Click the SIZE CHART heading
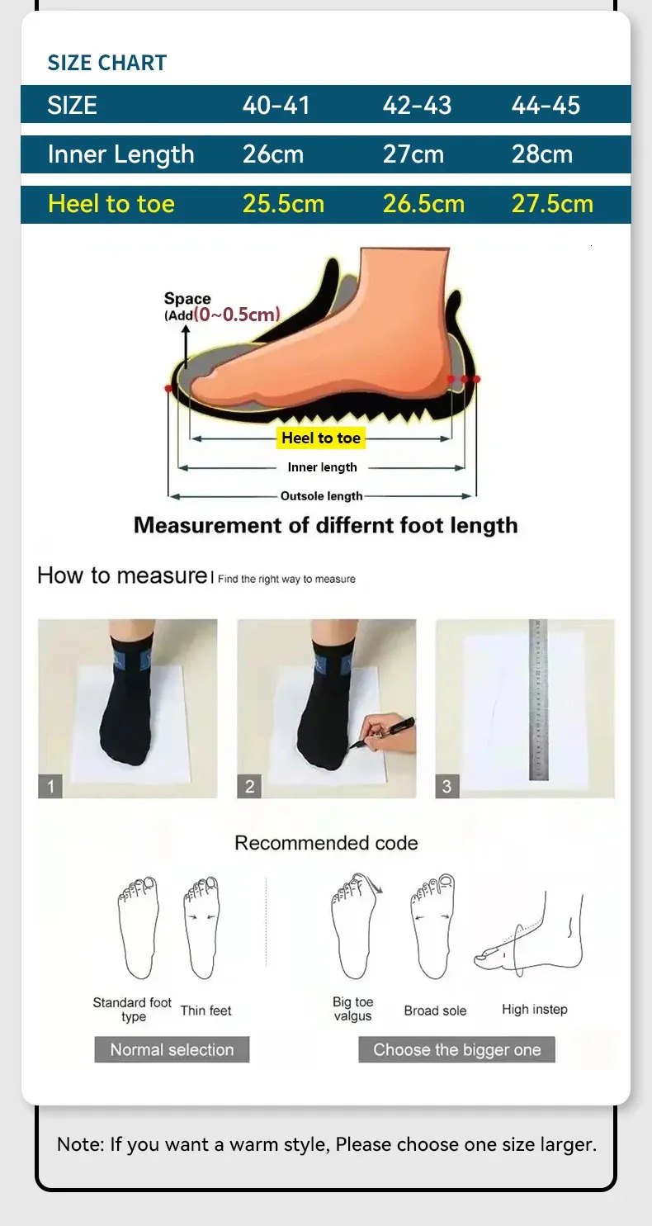pos(106,63)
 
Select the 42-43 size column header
pos(417,105)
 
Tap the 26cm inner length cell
pos(273,154)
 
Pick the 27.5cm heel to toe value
pos(552,204)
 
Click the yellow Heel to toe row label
pos(111,204)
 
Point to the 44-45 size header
pos(546,105)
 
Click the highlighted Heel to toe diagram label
pos(320,438)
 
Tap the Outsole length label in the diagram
pos(321,496)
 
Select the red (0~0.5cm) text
pos(237,315)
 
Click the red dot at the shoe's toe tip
pos(168,389)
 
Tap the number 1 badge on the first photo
pos(50,787)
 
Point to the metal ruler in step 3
pos(538,699)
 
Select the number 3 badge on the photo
pos(446,787)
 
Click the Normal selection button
pos(172,1049)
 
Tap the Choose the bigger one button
pos(456,1049)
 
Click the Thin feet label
pos(206,1011)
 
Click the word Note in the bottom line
pos(80,1144)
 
